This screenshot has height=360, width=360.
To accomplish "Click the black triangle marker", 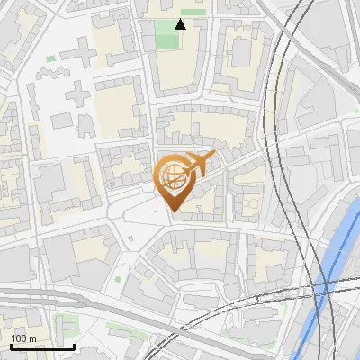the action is point(180,24).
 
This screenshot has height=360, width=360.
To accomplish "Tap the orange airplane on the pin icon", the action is point(197,164).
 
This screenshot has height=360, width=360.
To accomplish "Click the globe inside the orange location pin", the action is point(171,177).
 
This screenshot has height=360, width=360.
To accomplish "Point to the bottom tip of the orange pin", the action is point(171,211).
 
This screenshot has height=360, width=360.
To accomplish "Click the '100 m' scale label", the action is point(23,338).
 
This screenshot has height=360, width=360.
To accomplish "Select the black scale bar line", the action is point(42,346).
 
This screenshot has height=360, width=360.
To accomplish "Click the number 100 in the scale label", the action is point(19,338).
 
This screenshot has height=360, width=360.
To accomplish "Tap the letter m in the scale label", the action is point(32,338).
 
